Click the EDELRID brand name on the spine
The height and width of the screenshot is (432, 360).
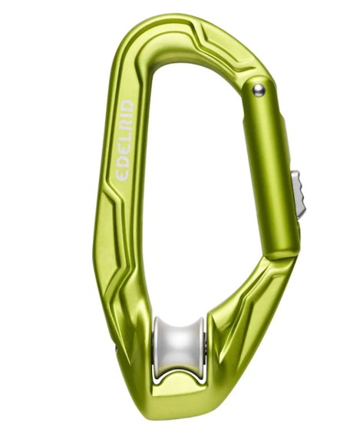coord(124,140)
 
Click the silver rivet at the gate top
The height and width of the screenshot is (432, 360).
coord(259,91)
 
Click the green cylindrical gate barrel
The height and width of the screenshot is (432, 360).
coord(272,165)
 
